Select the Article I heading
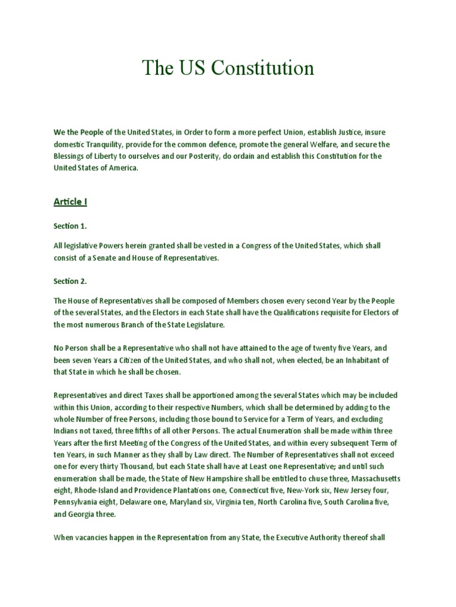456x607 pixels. pos(71,202)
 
